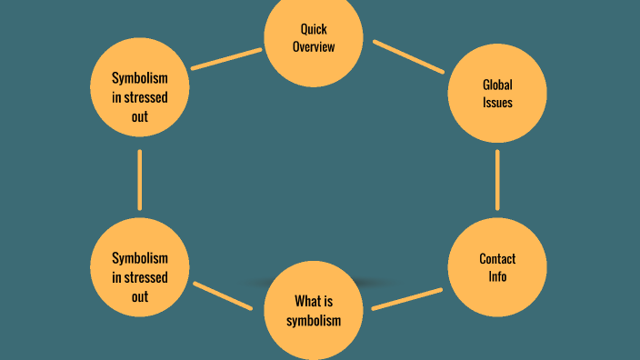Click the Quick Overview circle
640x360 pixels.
(314, 38)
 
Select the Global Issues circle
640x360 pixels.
(497, 94)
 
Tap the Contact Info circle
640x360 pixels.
(497, 267)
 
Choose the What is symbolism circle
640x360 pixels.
(314, 310)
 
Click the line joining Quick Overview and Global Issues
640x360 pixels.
(408, 56)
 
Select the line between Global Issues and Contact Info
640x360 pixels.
(497, 180)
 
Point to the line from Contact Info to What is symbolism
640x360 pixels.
(407, 299)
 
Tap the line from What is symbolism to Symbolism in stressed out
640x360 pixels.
(223, 296)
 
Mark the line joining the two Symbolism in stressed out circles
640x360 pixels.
(139, 179)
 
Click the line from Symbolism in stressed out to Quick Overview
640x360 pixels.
(226, 59)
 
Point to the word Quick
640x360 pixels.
(314, 29)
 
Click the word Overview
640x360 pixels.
(314, 46)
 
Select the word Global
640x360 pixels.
(497, 85)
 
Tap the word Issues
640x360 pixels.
(497, 103)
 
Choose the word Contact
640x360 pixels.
(497, 259)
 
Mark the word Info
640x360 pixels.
(497, 276)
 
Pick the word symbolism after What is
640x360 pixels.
(314, 320)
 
